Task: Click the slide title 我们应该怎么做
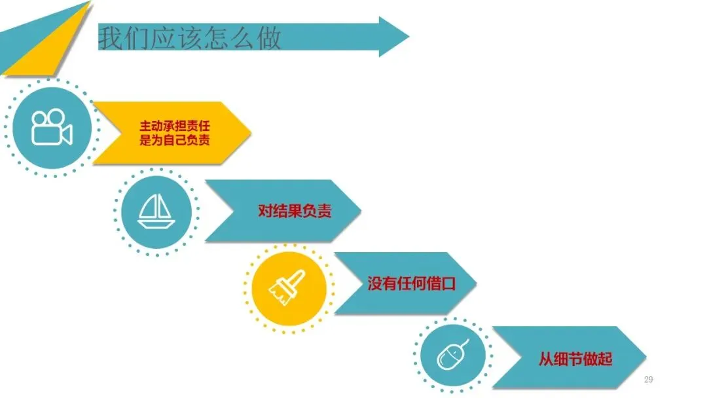[189, 37]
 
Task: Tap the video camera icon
[52, 127]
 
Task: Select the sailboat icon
[156, 211]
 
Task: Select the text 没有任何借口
[411, 284]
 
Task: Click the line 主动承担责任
[175, 125]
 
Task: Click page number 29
[649, 380]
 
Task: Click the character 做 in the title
[268, 38]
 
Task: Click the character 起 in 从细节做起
[605, 359]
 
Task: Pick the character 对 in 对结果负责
[265, 211]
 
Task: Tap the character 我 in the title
[111, 38]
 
